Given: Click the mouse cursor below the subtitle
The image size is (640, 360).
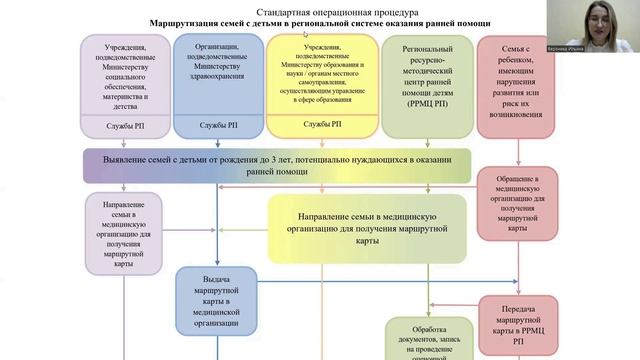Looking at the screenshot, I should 305,34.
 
